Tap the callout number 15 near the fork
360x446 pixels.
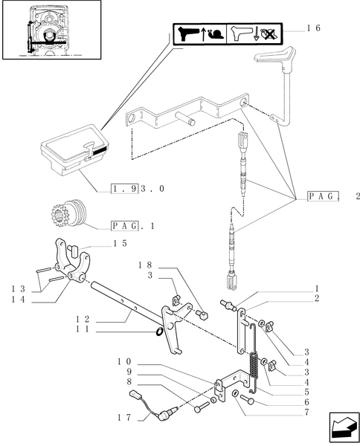click(x=119, y=243)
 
